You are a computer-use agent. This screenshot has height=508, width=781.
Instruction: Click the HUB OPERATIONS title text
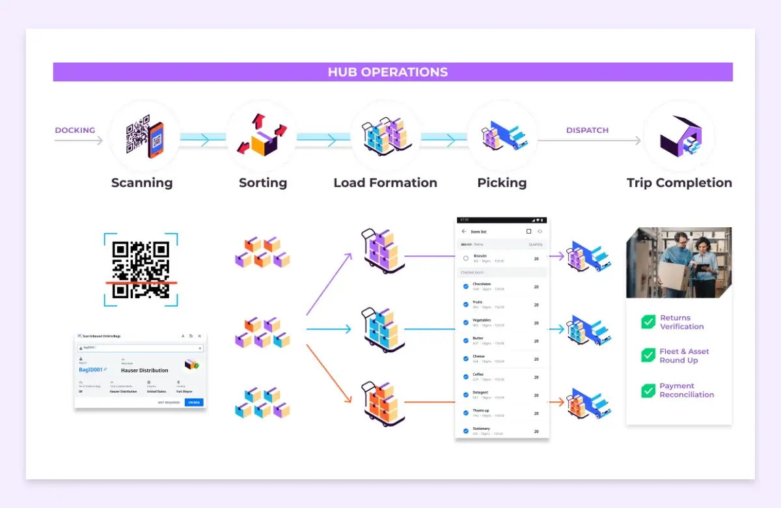(x=388, y=72)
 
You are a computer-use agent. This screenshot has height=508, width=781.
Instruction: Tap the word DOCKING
(x=75, y=130)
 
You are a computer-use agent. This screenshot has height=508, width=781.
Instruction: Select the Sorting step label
(x=263, y=183)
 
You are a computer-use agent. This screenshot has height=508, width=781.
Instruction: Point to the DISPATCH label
(x=587, y=130)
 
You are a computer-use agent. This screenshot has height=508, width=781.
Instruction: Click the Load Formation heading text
(x=385, y=183)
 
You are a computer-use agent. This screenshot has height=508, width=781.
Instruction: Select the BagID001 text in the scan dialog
(x=91, y=369)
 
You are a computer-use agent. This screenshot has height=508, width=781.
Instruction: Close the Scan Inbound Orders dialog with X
(x=200, y=336)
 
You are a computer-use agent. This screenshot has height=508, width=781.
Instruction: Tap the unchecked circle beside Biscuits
(x=466, y=259)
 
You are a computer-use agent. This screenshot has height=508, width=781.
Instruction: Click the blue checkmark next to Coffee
(x=466, y=376)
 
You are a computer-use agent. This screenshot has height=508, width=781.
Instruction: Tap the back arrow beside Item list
(x=463, y=232)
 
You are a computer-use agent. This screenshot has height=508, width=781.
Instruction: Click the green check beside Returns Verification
(x=648, y=322)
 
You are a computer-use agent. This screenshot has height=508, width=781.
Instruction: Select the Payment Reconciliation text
(x=686, y=390)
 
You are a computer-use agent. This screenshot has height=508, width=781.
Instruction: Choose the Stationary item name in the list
(x=482, y=429)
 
